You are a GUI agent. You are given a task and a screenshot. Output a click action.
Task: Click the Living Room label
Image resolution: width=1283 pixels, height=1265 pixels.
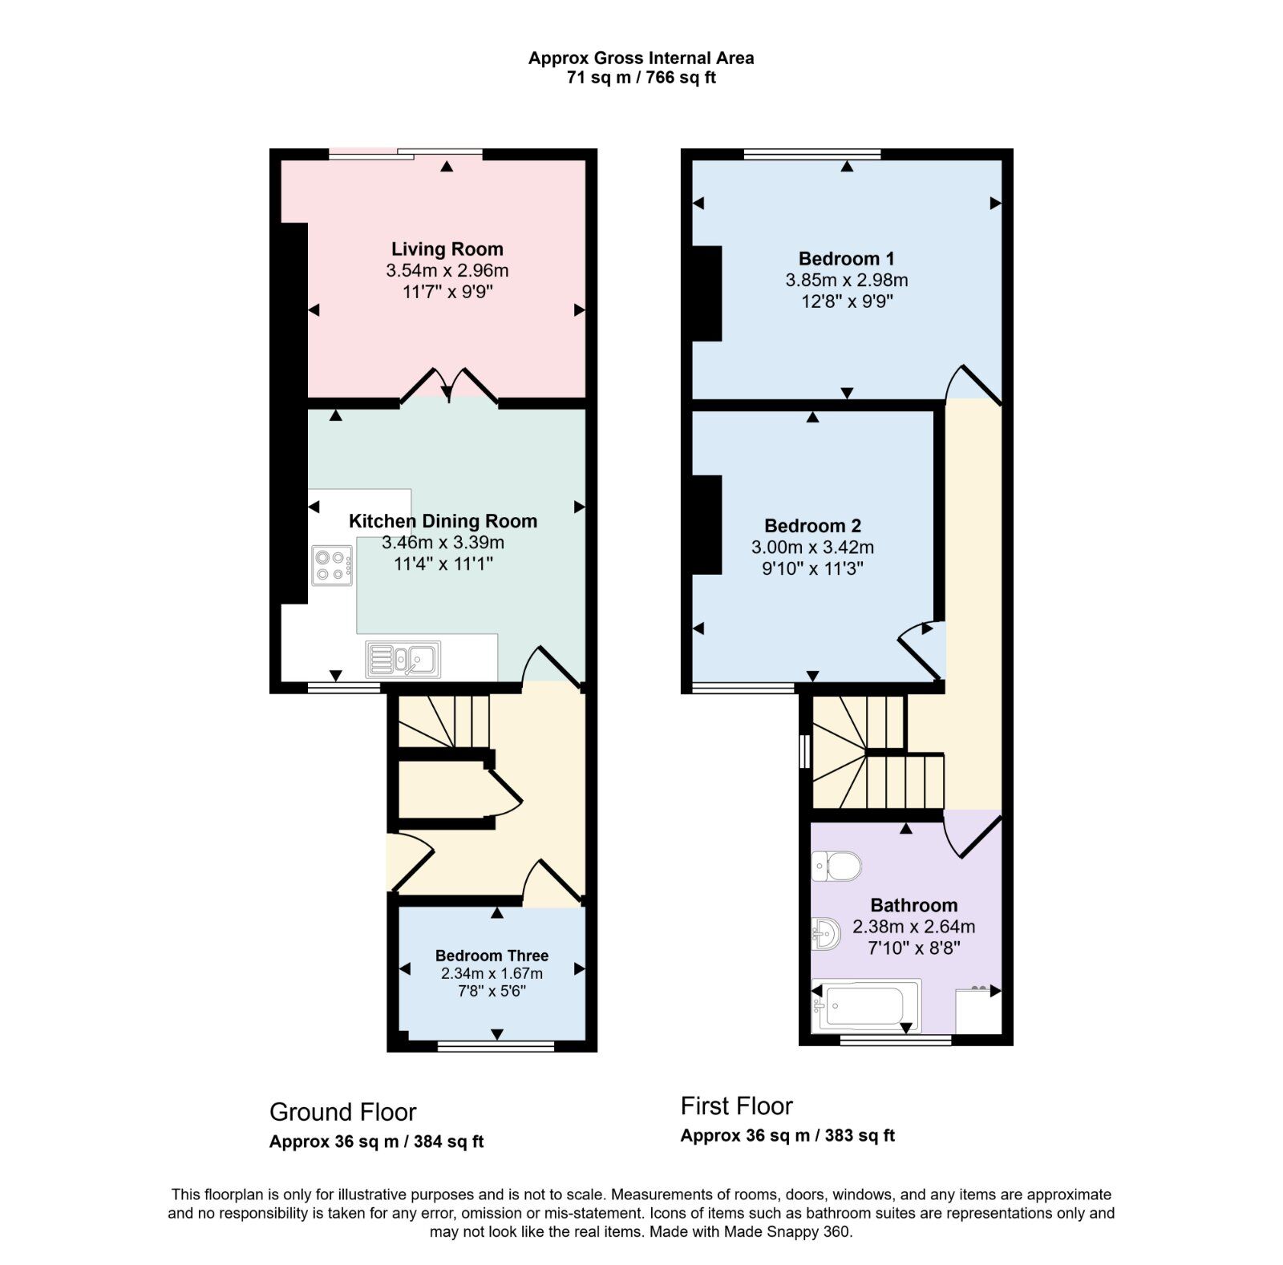(x=447, y=249)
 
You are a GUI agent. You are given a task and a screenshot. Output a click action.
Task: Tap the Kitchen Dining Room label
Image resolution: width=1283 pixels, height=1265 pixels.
(x=443, y=521)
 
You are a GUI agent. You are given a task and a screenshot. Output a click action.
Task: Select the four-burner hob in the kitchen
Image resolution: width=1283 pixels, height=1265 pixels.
(x=332, y=564)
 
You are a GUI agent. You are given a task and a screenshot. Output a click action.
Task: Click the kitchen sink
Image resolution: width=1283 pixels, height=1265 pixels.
(x=403, y=660)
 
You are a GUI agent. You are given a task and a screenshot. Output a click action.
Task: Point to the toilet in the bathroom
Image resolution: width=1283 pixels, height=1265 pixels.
(x=836, y=867)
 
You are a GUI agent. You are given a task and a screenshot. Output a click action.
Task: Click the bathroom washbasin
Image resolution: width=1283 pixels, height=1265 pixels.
(x=826, y=933)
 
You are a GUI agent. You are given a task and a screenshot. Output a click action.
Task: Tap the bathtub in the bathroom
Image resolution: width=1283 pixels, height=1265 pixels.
(x=866, y=1005)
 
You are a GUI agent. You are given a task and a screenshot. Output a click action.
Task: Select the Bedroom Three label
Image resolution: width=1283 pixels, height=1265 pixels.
(x=492, y=956)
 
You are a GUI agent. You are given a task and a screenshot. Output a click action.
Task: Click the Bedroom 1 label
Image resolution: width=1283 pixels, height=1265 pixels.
(x=846, y=259)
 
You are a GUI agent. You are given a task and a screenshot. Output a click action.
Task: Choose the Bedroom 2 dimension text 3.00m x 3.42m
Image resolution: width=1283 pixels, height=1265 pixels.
(x=812, y=548)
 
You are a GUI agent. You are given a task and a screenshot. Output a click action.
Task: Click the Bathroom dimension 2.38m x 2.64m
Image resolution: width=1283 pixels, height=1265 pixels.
(x=913, y=927)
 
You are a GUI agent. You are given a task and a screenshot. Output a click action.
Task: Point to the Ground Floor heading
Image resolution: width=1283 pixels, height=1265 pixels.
(x=342, y=1112)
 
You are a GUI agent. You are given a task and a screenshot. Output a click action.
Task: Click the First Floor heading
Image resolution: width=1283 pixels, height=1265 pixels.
(x=736, y=1106)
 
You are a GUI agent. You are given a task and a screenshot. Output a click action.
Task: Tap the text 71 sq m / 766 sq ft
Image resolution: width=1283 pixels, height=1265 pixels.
(x=641, y=78)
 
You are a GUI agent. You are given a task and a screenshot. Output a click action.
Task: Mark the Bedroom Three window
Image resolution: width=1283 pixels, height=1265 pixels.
(x=495, y=1045)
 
